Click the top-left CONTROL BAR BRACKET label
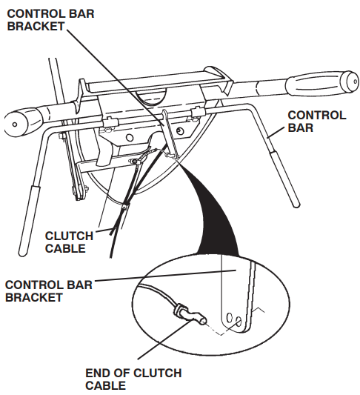coord(50,20)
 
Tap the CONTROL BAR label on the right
coord(317,122)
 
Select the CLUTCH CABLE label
coord(69,242)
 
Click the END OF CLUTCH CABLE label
coord(133,379)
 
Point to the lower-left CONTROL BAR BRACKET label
coord(49,291)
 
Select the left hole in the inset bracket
coord(230,318)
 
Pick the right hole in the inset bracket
coord(239,321)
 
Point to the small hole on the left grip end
coord(15,125)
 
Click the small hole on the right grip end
coord(356,82)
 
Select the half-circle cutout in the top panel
coord(151,98)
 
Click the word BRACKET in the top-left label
coord(36,26)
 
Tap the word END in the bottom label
coord(99,373)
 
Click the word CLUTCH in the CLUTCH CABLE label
coord(69,236)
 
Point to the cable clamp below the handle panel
coord(125,206)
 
